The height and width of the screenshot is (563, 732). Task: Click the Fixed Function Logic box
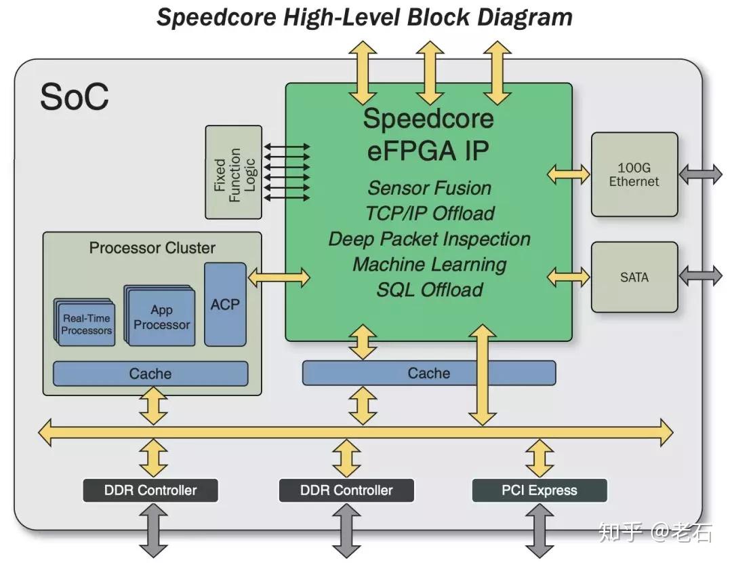233,172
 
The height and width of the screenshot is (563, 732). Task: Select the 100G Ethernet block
634,174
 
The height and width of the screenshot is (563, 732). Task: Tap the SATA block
634,277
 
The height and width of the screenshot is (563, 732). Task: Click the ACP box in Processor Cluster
225,304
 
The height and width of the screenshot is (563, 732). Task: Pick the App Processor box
160,316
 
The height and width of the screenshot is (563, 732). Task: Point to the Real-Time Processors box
85,323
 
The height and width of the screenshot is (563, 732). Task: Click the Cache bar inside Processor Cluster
150,374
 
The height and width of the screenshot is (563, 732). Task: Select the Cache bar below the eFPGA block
429,373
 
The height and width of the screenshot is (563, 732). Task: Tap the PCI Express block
540,490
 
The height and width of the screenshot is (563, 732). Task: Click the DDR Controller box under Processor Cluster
150,490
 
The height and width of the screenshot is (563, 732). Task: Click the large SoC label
75,97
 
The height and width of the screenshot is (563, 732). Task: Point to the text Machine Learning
430,265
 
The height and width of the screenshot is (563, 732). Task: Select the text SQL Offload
430,290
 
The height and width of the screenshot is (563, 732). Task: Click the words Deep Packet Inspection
430,239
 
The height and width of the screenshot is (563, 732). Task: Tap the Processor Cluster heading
152,248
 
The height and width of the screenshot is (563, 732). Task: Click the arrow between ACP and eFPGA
279,277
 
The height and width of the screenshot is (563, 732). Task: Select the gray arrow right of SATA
700,276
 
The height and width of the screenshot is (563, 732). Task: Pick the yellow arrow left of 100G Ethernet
568,174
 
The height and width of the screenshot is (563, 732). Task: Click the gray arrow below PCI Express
540,530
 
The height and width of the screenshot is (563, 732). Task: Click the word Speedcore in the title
216,18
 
